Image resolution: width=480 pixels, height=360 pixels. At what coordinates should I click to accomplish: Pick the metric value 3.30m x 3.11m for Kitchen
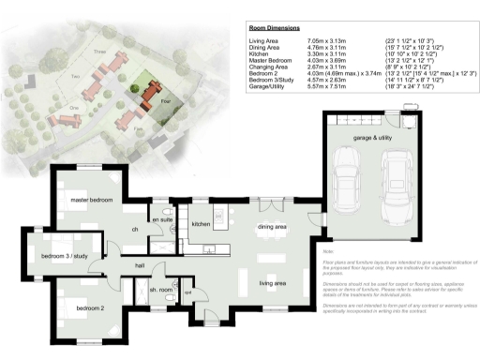click(326, 55)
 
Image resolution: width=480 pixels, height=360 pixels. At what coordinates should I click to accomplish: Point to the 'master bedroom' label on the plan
click(92, 199)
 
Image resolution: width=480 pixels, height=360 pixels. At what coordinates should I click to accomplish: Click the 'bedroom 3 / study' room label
click(66, 255)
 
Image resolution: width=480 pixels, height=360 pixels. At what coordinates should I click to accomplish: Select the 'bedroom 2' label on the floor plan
click(90, 307)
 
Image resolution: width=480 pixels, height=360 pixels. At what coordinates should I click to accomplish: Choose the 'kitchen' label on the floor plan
click(201, 225)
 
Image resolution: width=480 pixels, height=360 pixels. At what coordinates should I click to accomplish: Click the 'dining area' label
click(273, 226)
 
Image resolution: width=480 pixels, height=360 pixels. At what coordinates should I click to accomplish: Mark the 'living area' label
click(273, 282)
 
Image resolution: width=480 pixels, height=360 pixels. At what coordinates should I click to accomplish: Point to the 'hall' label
click(140, 266)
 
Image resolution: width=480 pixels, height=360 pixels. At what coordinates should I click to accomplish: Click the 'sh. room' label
click(161, 290)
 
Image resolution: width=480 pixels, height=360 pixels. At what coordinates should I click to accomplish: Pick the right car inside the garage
click(398, 182)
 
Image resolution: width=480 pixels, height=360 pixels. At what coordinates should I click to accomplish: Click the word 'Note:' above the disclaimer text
click(328, 251)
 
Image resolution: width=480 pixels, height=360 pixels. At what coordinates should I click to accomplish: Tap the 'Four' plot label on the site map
click(165, 97)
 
